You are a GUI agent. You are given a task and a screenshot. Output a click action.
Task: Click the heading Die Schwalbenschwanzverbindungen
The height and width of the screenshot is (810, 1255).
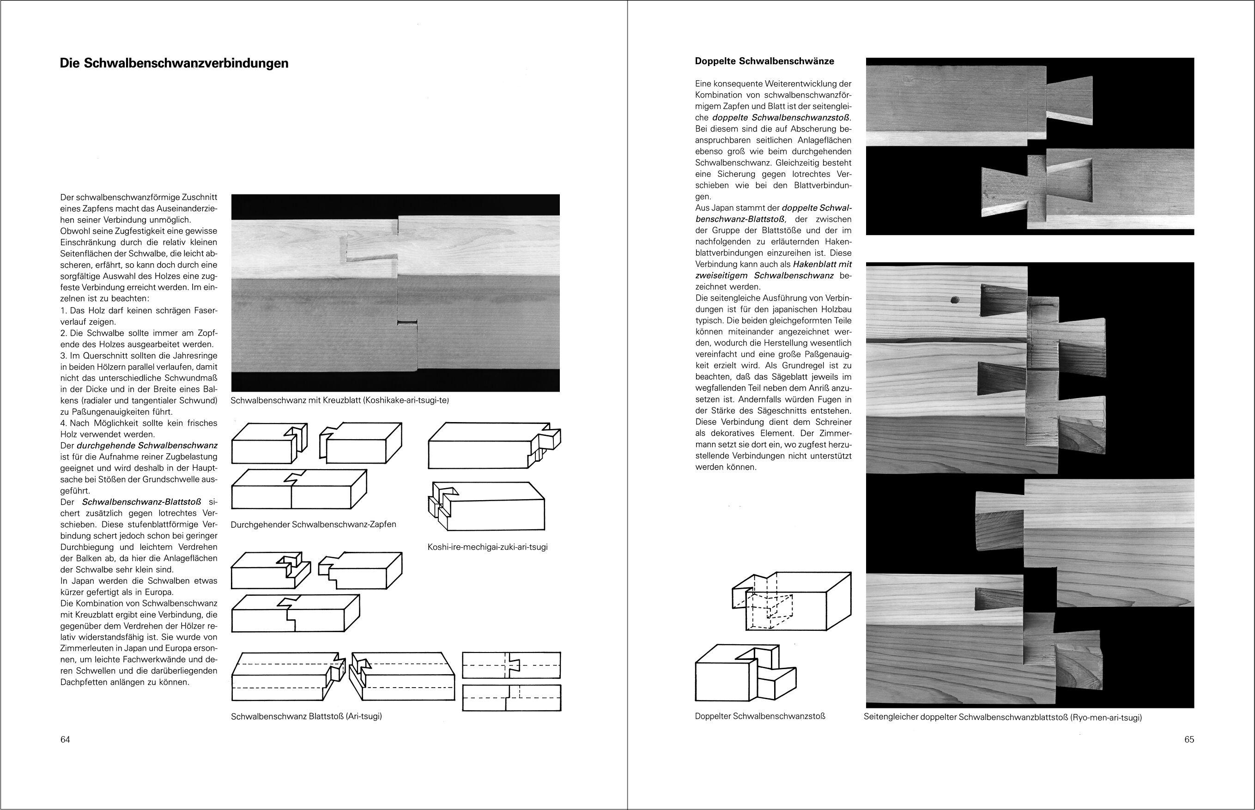174,64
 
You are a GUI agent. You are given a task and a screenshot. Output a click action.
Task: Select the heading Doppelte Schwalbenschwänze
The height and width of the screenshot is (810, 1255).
764,61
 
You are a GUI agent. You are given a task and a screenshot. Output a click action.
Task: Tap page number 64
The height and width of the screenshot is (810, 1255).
65,739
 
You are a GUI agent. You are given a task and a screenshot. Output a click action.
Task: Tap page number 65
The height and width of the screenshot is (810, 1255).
1189,739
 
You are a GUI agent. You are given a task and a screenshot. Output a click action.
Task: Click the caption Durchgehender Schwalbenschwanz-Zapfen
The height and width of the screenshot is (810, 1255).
314,525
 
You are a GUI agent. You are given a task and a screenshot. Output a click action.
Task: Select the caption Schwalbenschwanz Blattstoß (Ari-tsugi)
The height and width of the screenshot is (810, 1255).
306,716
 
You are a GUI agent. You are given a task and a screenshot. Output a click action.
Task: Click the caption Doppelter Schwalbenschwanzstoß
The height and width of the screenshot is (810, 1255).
759,716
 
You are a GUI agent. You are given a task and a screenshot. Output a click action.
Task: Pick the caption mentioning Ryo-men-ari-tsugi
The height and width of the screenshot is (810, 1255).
1002,717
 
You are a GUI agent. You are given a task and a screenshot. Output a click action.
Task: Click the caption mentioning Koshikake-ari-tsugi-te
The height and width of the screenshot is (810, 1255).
340,400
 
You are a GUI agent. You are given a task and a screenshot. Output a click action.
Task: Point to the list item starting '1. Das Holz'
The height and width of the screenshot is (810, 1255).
138,315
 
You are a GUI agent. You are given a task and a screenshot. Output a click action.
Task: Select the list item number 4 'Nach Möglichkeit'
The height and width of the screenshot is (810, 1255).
138,429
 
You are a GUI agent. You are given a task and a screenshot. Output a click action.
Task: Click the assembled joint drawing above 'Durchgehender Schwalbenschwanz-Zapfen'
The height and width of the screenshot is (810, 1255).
299,489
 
